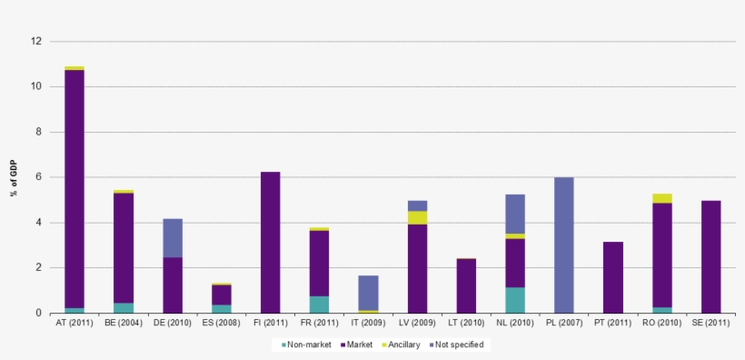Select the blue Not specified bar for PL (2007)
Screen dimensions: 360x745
click(563, 245)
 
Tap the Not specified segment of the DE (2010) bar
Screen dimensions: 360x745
click(173, 237)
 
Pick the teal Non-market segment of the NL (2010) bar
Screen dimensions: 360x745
click(515, 300)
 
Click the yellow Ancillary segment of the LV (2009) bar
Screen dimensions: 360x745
click(417, 217)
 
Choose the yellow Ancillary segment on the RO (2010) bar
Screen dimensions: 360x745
click(661, 198)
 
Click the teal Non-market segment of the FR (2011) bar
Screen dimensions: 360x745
click(319, 305)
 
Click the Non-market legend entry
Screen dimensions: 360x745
click(306, 345)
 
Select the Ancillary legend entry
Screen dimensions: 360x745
click(400, 345)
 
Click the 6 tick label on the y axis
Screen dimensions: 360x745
click(38, 177)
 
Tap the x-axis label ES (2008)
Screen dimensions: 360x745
click(221, 324)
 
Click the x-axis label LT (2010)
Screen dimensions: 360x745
click(466, 324)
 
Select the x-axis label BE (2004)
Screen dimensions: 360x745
click(124, 324)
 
